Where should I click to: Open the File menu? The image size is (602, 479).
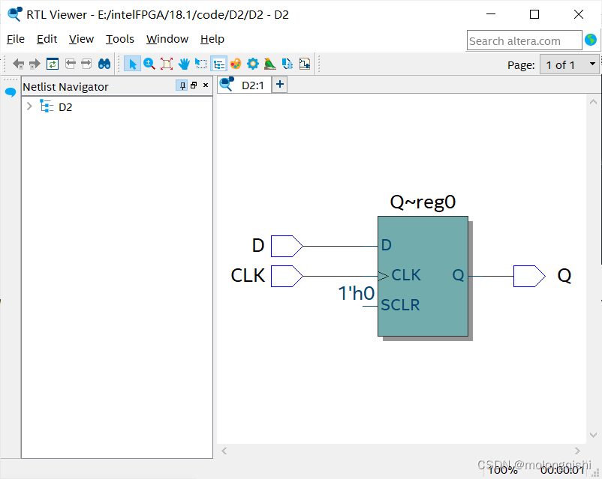(15, 39)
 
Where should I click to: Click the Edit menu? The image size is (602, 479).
(47, 39)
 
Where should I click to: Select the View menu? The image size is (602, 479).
(81, 39)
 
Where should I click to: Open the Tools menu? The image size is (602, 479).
(120, 39)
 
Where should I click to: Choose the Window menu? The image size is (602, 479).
(167, 39)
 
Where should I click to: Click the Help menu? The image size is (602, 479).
(212, 39)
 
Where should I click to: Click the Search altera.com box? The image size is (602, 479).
(524, 40)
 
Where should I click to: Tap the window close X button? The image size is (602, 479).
(579, 14)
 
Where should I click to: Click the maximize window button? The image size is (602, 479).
(534, 14)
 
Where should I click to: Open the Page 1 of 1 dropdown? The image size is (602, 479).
(570, 64)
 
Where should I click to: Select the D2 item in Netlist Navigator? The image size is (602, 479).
(65, 106)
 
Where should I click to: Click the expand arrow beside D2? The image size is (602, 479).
(29, 106)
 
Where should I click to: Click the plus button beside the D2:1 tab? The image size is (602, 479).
(279, 85)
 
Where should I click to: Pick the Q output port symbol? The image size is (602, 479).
(528, 276)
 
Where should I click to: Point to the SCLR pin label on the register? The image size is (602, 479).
(400, 305)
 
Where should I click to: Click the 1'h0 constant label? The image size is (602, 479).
(356, 293)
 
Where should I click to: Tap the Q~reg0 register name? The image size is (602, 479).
(423, 202)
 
